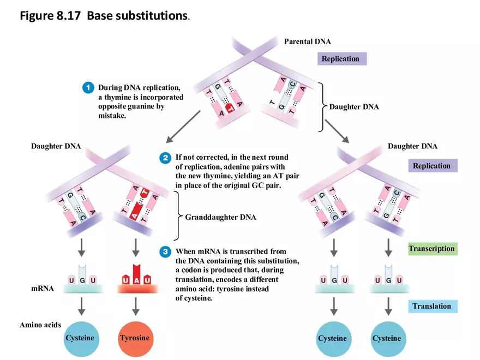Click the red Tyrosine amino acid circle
134,338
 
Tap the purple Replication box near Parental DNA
340,58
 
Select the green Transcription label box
431,249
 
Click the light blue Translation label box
431,306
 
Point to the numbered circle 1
87,87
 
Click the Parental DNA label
307,41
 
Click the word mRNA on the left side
43,288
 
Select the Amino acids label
40,325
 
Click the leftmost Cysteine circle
80,338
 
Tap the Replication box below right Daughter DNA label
431,166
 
